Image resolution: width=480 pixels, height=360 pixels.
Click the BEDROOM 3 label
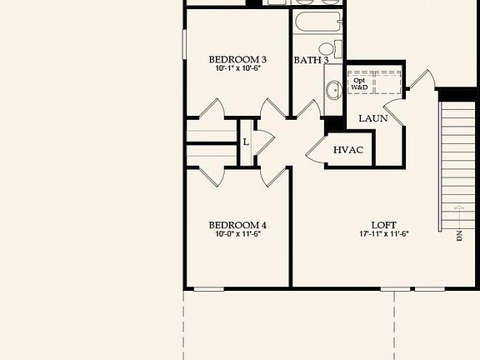[x=237, y=59]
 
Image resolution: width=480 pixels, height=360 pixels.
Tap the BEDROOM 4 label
[x=237, y=225]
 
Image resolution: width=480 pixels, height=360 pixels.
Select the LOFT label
[x=383, y=225]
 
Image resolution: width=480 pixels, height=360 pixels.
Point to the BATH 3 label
[x=311, y=60]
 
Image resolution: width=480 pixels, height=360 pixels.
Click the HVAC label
[x=347, y=150]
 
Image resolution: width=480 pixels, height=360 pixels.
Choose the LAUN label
[x=372, y=119]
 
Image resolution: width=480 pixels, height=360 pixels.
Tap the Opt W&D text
[x=359, y=83]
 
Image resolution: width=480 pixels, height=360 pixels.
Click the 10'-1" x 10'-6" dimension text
[x=237, y=69]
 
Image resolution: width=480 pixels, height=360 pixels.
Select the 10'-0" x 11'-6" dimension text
[x=237, y=235]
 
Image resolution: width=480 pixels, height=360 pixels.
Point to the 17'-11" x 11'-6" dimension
[x=383, y=235]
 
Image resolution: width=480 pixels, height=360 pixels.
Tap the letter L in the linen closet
[x=246, y=141]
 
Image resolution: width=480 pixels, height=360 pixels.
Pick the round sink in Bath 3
[x=332, y=89]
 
